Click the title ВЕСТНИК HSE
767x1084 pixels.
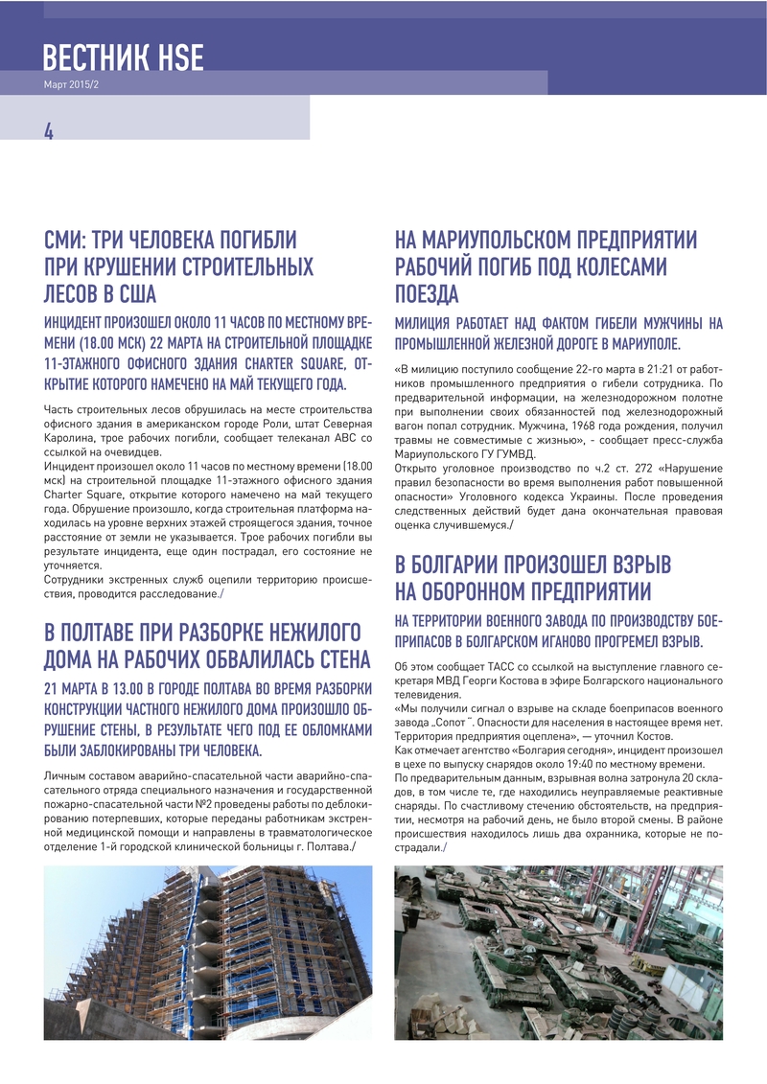(123, 58)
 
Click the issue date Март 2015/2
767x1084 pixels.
(72, 84)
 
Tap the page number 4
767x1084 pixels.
(48, 131)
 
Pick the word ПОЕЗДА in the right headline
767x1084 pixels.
(427, 293)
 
